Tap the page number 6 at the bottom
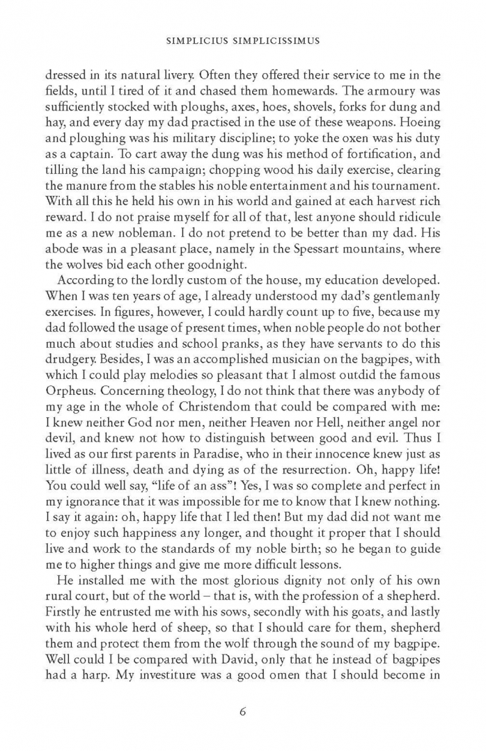[x=243, y=711]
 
